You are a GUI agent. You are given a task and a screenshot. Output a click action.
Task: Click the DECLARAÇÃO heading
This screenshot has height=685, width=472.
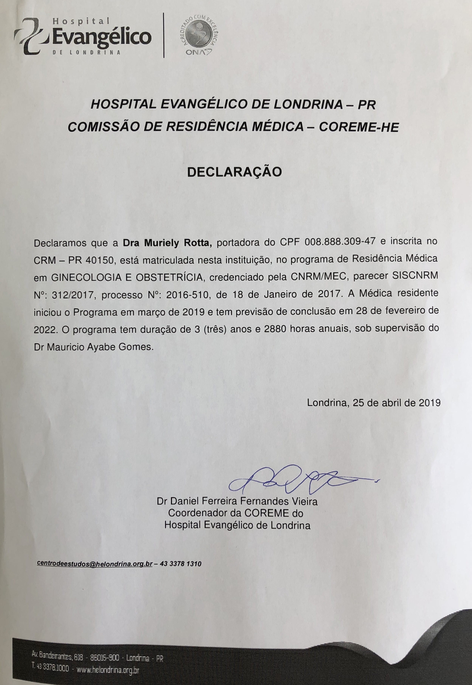235,172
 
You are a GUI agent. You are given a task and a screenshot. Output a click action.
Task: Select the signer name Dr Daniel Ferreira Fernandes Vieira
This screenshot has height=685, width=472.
237,501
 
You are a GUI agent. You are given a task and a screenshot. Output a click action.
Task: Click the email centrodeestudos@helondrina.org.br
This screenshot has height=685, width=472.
95,563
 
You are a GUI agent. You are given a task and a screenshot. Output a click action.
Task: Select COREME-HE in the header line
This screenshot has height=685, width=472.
359,127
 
